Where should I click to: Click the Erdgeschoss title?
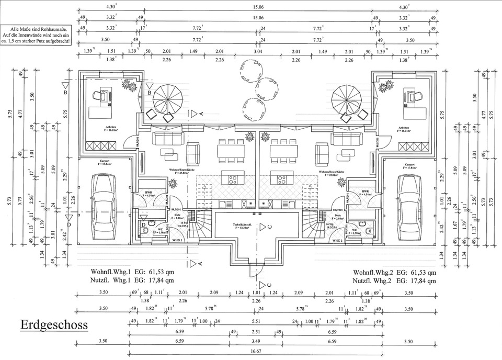(54, 325)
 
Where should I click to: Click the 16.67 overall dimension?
(256, 352)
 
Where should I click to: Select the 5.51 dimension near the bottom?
(256, 321)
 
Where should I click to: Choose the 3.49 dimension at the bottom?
(256, 341)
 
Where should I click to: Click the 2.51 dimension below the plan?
(256, 331)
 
